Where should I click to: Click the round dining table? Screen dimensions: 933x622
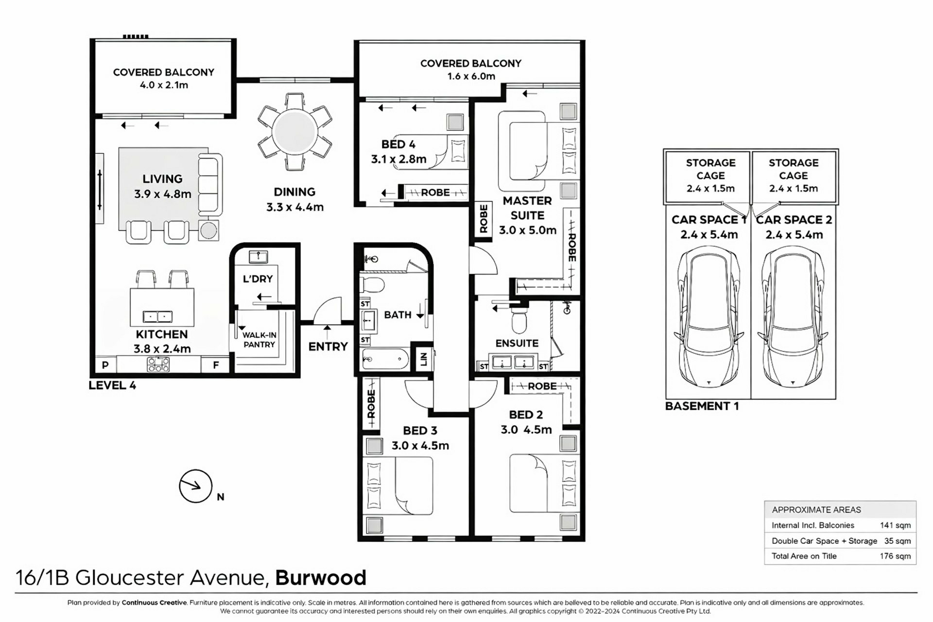click(294, 132)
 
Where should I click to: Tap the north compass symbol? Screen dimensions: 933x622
click(196, 486)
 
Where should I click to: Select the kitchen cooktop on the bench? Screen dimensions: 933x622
click(158, 364)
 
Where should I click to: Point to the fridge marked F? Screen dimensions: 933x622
click(216, 365)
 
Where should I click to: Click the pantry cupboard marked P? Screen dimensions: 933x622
click(105, 365)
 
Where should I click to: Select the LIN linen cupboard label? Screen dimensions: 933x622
click(424, 359)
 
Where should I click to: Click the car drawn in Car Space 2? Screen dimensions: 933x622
click(793, 317)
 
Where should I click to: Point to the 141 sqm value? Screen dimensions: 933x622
click(895, 525)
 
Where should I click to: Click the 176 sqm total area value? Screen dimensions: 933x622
click(895, 556)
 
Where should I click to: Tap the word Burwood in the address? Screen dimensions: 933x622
click(321, 578)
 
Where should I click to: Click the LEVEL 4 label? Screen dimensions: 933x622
click(112, 385)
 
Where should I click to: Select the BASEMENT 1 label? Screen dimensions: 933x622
click(702, 406)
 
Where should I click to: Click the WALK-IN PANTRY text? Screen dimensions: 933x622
click(259, 340)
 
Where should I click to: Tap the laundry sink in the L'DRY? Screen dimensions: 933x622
click(258, 256)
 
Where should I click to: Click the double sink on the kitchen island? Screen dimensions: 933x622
click(157, 317)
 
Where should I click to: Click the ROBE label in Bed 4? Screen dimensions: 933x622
click(435, 192)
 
